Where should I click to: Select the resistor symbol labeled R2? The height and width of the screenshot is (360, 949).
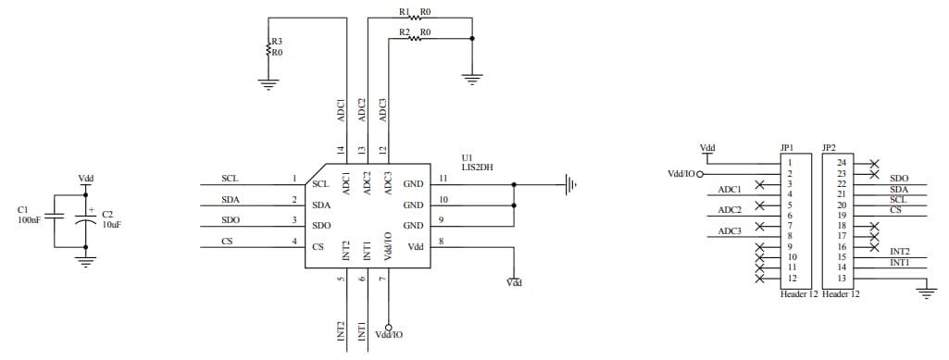tap(413, 39)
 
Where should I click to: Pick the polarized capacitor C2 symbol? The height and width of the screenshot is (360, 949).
tap(86, 221)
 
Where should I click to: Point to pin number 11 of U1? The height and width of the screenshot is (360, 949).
tap(443, 178)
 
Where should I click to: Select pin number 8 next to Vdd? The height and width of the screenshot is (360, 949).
tap(442, 242)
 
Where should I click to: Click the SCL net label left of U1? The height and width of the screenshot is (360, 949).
tap(230, 178)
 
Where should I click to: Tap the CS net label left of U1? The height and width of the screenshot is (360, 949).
tap(227, 242)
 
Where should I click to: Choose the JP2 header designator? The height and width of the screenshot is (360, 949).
tap(829, 147)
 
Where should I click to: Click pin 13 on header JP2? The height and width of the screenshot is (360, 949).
tap(842, 279)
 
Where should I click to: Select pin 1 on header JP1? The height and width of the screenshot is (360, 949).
tap(790, 163)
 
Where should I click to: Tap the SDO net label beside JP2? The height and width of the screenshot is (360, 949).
tap(898, 178)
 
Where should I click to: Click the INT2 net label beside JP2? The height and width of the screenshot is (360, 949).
tap(899, 251)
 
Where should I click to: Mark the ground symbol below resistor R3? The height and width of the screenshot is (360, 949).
tap(268, 83)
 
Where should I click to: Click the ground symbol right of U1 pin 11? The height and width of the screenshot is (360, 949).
tap(571, 184)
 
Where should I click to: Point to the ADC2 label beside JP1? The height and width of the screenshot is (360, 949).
tap(730, 210)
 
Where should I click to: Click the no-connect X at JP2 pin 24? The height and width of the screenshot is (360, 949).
tap(874, 163)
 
